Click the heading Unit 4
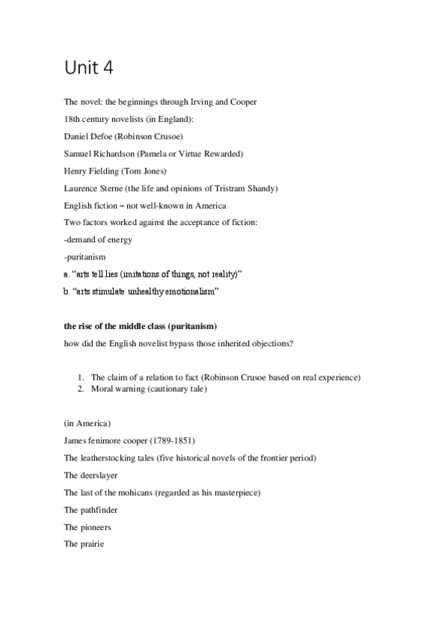pos(88,69)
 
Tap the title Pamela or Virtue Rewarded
pos(199,154)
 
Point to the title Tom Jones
pos(149,171)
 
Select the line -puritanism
pos(85,256)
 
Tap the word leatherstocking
pos(108,458)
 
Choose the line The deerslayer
pos(90,475)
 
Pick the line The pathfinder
pos(91,510)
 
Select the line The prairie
pos(84,544)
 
